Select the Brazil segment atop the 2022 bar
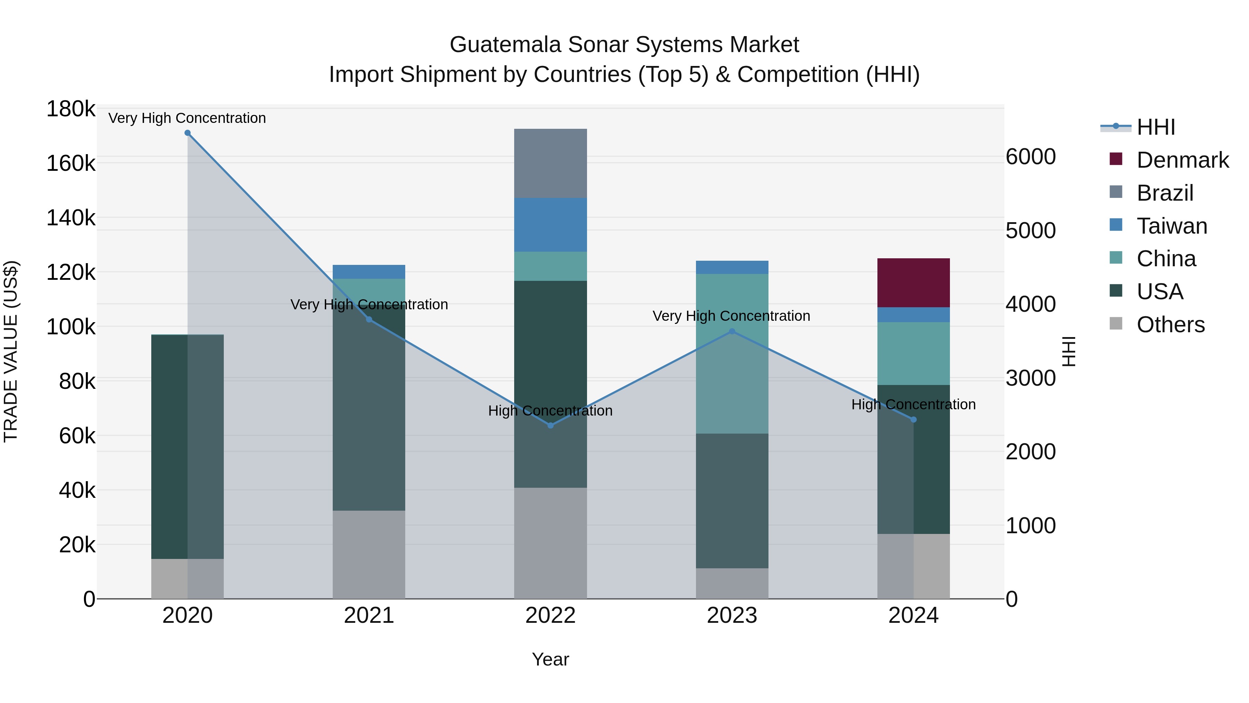coord(550,163)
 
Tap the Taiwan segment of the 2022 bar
coord(550,224)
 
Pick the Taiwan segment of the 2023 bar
coord(732,267)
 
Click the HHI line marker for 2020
coord(188,133)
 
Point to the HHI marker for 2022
coord(550,426)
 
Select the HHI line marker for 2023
coord(732,332)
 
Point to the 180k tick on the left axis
coord(71,109)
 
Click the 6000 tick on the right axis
coord(1030,157)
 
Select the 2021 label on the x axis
coord(369,616)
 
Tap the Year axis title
coord(550,659)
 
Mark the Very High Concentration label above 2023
coord(731,316)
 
